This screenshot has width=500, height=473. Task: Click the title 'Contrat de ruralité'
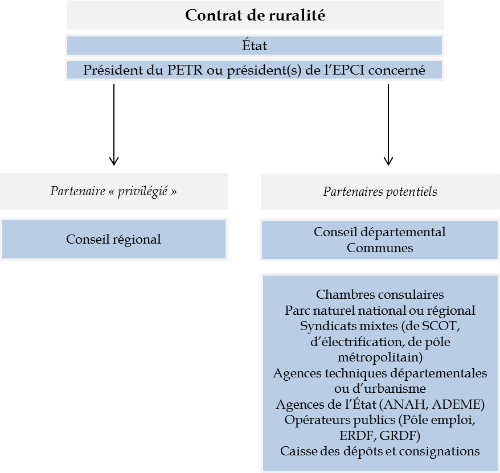coord(255,15)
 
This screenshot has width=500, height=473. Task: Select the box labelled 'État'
coord(254,46)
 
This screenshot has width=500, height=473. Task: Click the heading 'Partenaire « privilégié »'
coord(113,191)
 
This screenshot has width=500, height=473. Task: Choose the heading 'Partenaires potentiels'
coord(380,191)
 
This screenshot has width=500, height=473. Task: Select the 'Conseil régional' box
coord(113,240)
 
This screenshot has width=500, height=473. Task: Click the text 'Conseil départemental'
coord(380,232)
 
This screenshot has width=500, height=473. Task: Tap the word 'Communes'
coord(380,248)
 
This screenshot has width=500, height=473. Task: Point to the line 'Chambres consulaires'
coord(380,295)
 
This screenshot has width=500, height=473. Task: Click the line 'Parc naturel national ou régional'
coord(380,311)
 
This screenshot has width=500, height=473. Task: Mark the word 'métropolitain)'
coord(380,357)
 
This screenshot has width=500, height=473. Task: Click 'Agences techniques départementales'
coord(380,373)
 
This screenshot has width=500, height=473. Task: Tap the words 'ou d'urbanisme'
coord(380,389)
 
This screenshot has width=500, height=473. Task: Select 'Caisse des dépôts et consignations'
coord(380,451)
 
